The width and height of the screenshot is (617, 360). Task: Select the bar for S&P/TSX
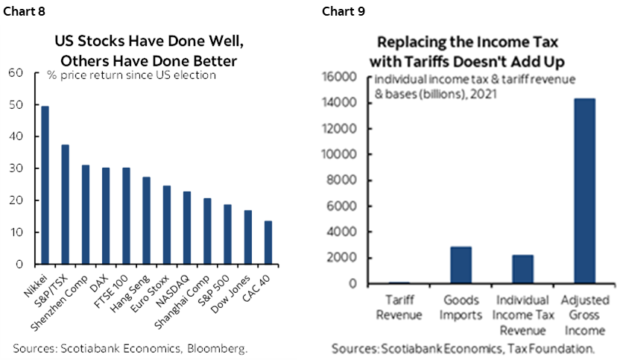[x=65, y=204]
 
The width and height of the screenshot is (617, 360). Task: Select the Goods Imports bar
[x=461, y=265]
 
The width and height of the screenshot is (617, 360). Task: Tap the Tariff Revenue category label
[x=400, y=307]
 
